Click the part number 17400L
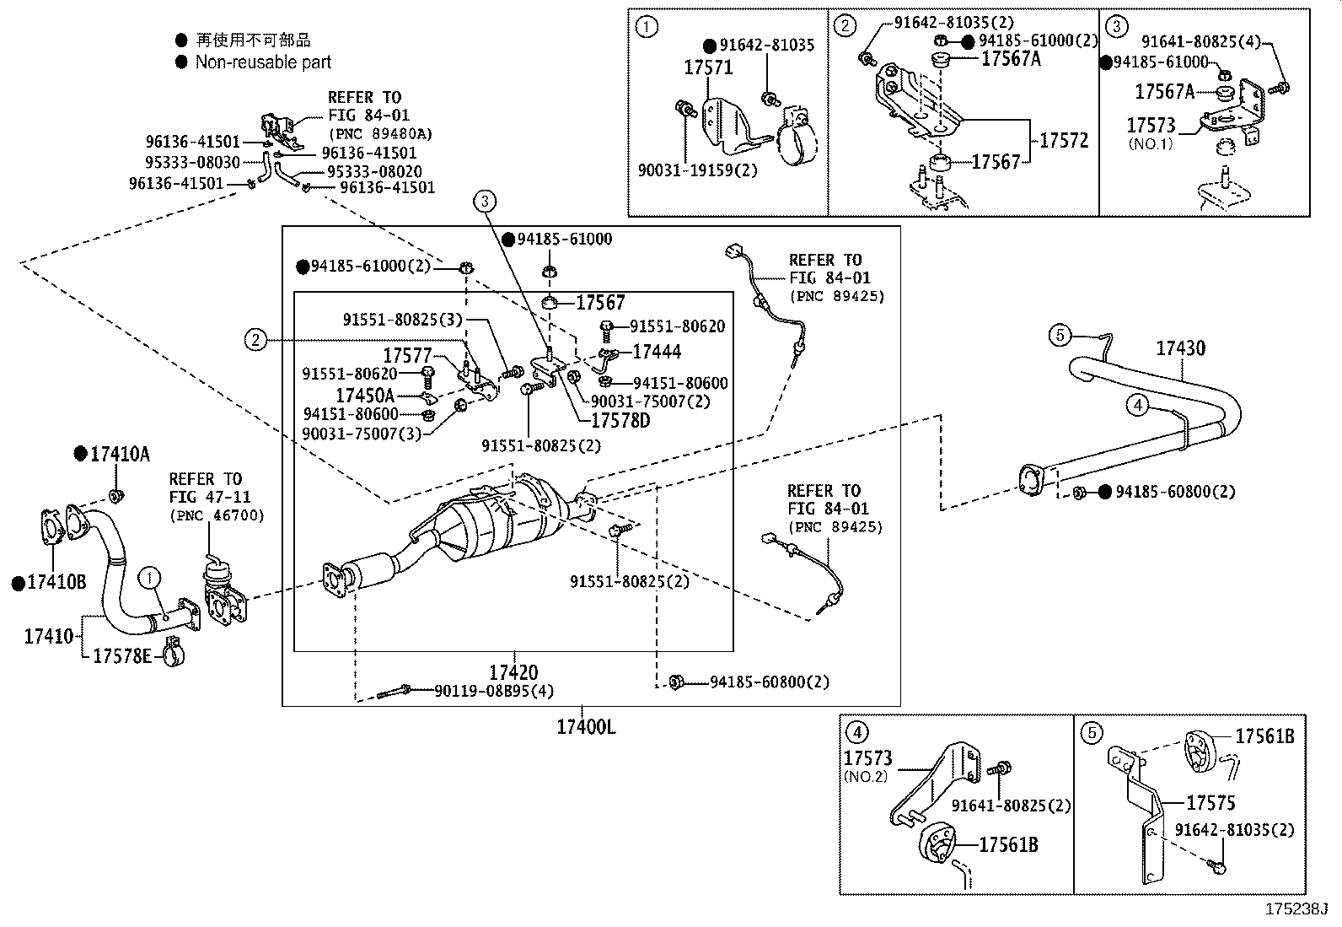click(x=585, y=726)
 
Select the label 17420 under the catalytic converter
click(x=513, y=672)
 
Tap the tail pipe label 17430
click(x=1180, y=348)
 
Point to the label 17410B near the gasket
click(x=56, y=582)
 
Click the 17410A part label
click(x=120, y=455)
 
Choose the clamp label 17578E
click(x=122, y=655)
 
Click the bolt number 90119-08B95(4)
click(x=494, y=691)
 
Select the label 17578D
click(x=620, y=420)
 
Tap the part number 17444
click(x=657, y=352)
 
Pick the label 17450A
click(x=364, y=396)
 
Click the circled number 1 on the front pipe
click(x=149, y=578)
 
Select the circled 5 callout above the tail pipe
click(x=1060, y=335)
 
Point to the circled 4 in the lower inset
click(x=856, y=732)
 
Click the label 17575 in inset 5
click(x=1210, y=802)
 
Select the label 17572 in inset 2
click(x=1064, y=141)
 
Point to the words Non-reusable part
click(x=263, y=62)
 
